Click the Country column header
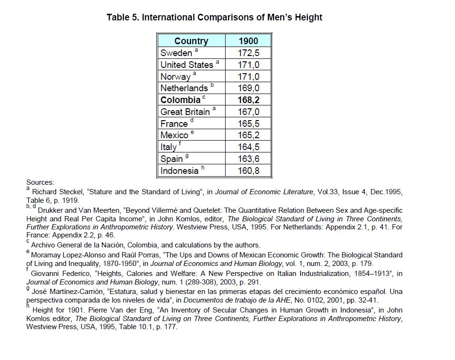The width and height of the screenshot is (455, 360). tap(191, 41)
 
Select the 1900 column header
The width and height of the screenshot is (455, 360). tap(248, 41)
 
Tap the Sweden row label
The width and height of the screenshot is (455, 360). tap(176, 53)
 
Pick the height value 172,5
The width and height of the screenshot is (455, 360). tap(248, 53)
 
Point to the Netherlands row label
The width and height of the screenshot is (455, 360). tap(184, 88)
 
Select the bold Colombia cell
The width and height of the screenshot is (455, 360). tap(180, 100)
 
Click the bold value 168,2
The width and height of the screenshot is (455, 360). tap(248, 100)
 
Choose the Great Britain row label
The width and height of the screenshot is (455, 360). tap(185, 112)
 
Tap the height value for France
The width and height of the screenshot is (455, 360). tap(248, 123)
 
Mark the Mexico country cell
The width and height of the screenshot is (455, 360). tap(174, 135)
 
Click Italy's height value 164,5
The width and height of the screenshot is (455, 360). tap(248, 147)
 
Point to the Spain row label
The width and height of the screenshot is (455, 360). tap(171, 159)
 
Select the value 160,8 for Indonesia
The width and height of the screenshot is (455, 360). tap(248, 171)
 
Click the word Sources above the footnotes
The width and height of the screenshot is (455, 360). tap(40, 182)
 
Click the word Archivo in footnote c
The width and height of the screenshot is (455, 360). tap(44, 245)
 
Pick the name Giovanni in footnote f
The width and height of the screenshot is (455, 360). tap(46, 273)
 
